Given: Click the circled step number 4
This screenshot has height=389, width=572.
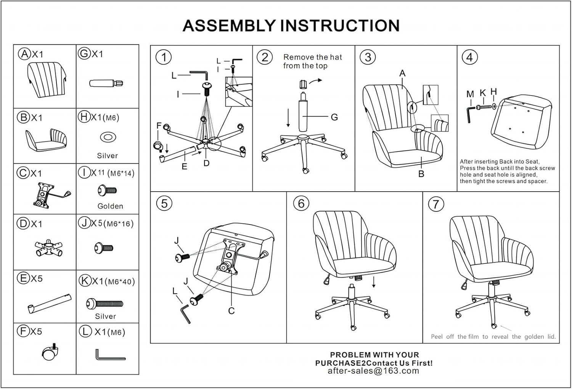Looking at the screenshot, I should [x=469, y=57].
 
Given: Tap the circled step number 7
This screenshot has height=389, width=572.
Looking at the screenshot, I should [x=436, y=204].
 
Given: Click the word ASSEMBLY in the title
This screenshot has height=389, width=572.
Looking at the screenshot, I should [x=229, y=26].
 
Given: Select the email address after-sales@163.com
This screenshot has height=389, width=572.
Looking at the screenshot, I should [x=373, y=371].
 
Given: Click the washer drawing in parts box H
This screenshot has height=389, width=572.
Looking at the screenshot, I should [x=108, y=137].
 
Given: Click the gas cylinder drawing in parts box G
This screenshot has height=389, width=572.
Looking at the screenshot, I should [x=106, y=83].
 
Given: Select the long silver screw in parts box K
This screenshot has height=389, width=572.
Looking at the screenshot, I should [x=105, y=304].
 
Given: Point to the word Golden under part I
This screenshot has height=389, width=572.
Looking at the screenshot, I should [x=110, y=206].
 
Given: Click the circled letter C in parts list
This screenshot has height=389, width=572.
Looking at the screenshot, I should [x=23, y=173].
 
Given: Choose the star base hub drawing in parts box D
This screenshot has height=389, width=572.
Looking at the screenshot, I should [x=48, y=249].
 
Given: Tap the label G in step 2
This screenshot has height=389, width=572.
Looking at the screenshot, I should [x=334, y=117].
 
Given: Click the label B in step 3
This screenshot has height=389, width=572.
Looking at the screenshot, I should [x=421, y=174].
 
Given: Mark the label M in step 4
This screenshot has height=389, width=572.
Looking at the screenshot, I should [x=470, y=94].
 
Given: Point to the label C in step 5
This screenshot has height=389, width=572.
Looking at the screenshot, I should [x=231, y=311].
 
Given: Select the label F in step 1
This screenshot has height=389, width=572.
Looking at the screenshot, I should [x=159, y=125].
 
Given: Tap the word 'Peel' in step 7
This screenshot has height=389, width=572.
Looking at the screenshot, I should [x=437, y=337].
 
